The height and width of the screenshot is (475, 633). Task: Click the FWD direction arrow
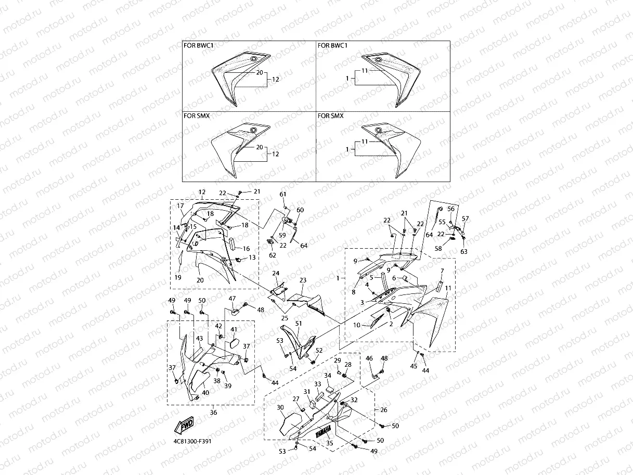(x=185, y=426)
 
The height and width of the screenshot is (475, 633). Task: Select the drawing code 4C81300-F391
(x=189, y=441)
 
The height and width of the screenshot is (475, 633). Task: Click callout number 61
(x=283, y=194)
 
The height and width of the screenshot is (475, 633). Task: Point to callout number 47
(x=232, y=298)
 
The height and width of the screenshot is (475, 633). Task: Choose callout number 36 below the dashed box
(x=213, y=412)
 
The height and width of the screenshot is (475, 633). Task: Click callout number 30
(x=280, y=407)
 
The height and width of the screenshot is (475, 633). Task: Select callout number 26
(x=384, y=410)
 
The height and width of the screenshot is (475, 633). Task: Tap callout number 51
(x=298, y=323)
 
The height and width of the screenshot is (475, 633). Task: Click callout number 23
(x=303, y=280)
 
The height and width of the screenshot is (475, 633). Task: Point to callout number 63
(x=463, y=251)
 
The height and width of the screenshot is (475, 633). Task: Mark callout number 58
(x=438, y=249)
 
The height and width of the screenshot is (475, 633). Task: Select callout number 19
(x=178, y=278)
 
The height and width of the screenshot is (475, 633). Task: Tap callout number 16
(x=246, y=249)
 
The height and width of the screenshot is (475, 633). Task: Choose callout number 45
(x=414, y=366)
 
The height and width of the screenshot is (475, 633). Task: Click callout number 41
(x=234, y=329)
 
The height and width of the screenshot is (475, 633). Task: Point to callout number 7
(x=442, y=271)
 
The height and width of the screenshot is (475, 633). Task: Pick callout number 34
(x=328, y=375)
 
